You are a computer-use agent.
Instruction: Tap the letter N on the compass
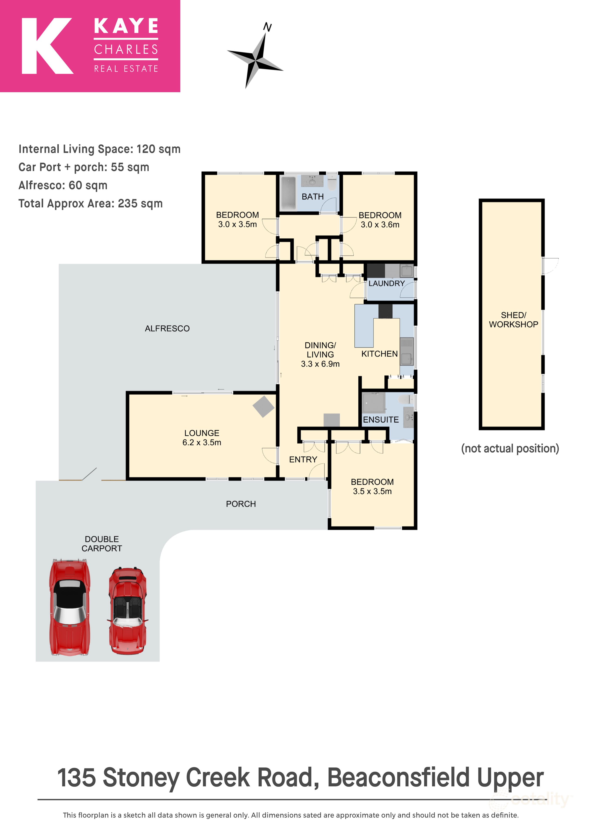click(x=267, y=27)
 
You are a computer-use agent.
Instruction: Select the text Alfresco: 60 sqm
click(x=63, y=185)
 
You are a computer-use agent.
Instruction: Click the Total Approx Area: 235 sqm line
click(x=90, y=203)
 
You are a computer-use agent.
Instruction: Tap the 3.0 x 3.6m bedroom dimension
click(x=380, y=225)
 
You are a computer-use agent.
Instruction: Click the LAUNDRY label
click(x=387, y=283)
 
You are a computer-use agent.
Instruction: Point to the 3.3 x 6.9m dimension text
click(x=320, y=364)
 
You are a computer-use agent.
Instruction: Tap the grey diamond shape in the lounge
click(x=263, y=406)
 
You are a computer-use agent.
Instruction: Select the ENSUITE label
click(x=381, y=420)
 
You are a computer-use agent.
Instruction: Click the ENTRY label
click(x=303, y=460)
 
